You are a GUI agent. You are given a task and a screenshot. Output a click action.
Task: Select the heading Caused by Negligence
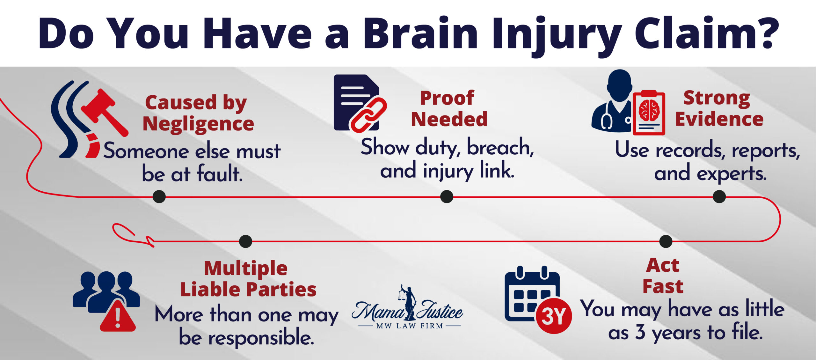(x=198, y=113)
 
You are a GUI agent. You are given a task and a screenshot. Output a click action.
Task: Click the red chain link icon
(x=368, y=115)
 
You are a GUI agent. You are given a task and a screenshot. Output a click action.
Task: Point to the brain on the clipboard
(x=649, y=110)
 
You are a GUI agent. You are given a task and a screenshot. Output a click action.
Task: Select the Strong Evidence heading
(x=719, y=108)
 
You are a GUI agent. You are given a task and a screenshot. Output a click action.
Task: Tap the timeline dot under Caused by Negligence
(x=159, y=196)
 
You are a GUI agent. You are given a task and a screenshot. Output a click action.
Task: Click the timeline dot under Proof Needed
(x=447, y=196)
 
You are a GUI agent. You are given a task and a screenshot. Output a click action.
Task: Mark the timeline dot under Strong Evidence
(x=719, y=196)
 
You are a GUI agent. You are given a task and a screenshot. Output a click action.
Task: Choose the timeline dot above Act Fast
(x=666, y=241)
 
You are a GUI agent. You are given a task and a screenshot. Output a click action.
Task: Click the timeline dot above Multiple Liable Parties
(x=245, y=241)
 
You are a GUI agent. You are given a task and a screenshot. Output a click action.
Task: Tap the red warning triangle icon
(x=118, y=317)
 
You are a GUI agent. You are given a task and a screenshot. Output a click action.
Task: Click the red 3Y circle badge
(x=554, y=316)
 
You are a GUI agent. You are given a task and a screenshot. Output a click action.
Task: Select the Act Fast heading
(x=663, y=276)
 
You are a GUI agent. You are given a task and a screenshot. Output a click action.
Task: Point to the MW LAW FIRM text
(x=410, y=326)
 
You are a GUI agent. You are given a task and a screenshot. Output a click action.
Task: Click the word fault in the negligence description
(x=220, y=174)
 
